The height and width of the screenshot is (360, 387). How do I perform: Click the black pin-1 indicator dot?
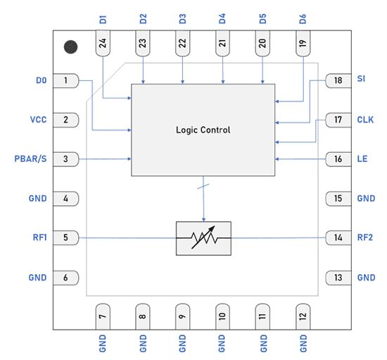pos(71,47)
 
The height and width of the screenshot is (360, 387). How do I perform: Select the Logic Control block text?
pos(203,130)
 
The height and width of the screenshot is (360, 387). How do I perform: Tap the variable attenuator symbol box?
pos(203,238)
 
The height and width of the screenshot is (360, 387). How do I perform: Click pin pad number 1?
pos(67,81)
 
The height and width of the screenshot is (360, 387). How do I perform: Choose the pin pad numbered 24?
pos(103,44)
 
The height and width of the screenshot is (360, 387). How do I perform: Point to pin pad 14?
pos(338,238)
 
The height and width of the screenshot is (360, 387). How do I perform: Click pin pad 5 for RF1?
pos(67,238)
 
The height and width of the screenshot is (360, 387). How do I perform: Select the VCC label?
pos(38,120)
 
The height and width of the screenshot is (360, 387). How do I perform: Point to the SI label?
pos(362,80)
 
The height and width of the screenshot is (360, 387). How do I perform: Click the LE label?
pos(362,159)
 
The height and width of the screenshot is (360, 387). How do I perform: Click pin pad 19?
pos(303,44)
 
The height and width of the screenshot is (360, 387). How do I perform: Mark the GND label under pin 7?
pos(103,344)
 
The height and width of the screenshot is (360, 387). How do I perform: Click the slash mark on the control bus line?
pos(203,187)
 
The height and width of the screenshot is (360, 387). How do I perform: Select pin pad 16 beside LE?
pos(338,159)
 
